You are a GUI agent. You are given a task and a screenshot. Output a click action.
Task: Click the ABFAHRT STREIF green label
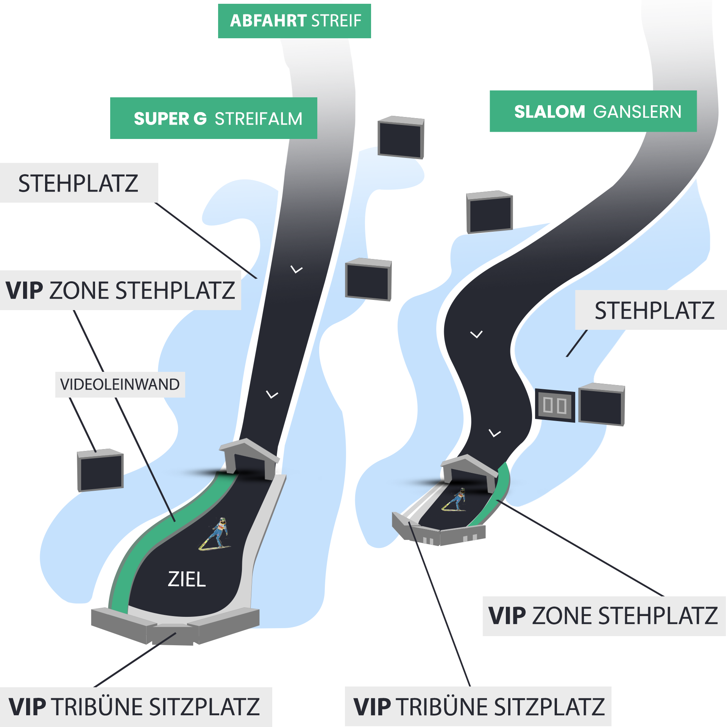pyautogui.click(x=295, y=21)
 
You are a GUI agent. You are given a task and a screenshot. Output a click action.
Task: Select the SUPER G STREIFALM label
pyautogui.click(x=214, y=118)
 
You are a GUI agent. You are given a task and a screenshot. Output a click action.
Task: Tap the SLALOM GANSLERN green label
pyautogui.click(x=593, y=111)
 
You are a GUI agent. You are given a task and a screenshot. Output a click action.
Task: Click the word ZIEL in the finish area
pyautogui.click(x=187, y=579)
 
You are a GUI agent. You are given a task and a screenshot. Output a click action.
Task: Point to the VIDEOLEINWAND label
pyautogui.click(x=120, y=385)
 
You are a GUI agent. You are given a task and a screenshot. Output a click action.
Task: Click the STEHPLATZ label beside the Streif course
pyautogui.click(x=79, y=183)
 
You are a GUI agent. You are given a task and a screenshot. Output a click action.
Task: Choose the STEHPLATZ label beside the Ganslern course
pyautogui.click(x=651, y=310)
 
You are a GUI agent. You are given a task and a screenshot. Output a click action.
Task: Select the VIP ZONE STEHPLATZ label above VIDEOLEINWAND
pyautogui.click(x=120, y=290)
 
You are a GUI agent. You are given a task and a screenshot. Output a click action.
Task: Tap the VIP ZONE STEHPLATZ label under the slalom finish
pyautogui.click(x=604, y=616)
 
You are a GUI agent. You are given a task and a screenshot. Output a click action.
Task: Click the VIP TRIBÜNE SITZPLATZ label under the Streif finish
pyautogui.click(x=136, y=707)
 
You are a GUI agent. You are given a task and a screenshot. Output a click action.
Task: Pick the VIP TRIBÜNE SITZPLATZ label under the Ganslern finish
pyautogui.click(x=478, y=707)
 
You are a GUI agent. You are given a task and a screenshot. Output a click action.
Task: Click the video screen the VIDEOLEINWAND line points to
pyautogui.click(x=100, y=470)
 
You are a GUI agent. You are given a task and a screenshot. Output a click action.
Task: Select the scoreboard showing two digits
pyautogui.click(x=555, y=405)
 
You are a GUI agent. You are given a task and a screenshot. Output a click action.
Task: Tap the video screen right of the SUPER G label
pyautogui.click(x=401, y=137)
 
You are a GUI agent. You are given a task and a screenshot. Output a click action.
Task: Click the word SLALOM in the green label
pyautogui.click(x=549, y=111)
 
